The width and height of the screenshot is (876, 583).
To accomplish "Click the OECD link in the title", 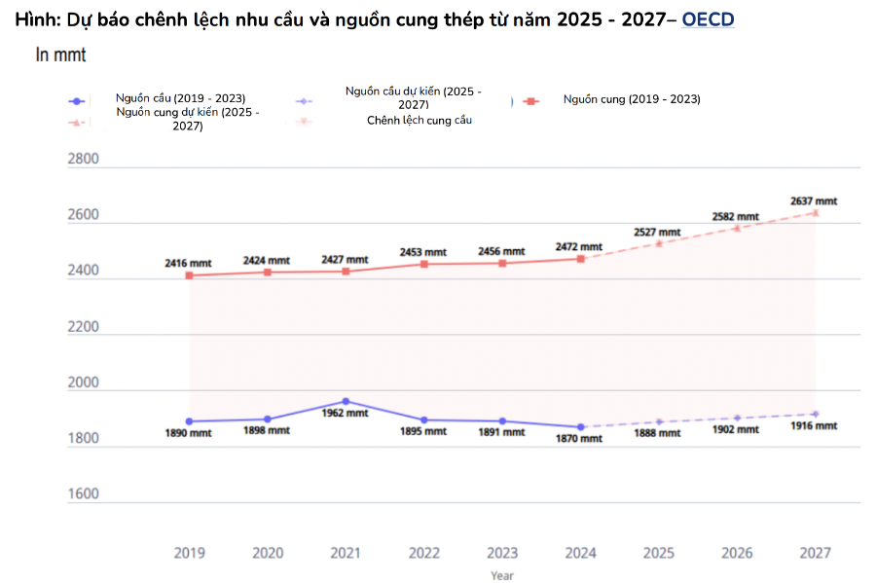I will coord(708,19).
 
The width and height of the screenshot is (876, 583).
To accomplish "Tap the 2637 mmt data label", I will coord(813,201).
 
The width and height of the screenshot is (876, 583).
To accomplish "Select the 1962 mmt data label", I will coord(345,413).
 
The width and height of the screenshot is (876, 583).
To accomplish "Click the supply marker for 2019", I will coord(189,275).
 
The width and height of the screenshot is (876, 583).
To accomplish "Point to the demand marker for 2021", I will coord(346,401).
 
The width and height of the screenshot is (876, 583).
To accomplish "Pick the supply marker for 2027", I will coord(815,212).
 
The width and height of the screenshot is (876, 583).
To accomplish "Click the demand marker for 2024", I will coord(580,426).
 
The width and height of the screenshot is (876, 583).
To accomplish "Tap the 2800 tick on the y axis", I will coord(83,160).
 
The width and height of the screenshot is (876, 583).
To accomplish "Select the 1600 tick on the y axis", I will coord(83,493).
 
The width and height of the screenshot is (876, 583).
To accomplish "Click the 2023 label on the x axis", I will coord(502,553).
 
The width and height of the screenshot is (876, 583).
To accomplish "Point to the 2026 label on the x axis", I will coord(737,553).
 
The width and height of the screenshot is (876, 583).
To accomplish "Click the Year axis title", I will coord(502,575).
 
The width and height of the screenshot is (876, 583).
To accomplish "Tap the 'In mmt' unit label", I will coord(60,55).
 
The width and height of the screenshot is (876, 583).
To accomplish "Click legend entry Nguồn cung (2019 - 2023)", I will coord(631,99).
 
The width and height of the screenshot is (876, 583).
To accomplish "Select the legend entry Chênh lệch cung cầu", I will coord(420,121).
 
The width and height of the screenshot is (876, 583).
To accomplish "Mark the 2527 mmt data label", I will coord(657,233).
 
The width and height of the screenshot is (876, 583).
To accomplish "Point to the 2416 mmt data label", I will coord(188,263).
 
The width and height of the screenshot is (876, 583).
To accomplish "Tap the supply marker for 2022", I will coord(423,264).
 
